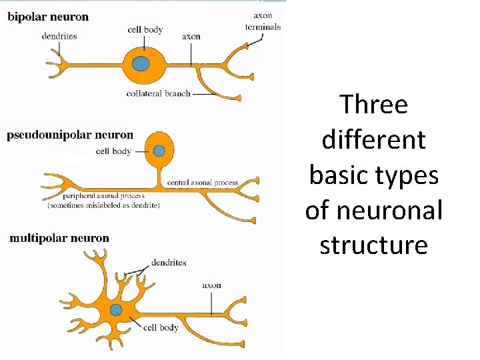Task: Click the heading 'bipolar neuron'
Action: tap(48, 17)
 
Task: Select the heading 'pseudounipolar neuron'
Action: tap(70, 135)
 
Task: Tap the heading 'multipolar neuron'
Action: tap(59, 238)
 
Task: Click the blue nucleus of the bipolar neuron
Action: tap(141, 64)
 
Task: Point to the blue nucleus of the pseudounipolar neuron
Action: tap(159, 151)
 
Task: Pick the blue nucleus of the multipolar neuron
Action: tap(116, 309)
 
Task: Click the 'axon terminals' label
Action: tap(263, 21)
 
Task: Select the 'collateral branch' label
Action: tap(158, 94)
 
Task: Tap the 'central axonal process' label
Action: tap(202, 183)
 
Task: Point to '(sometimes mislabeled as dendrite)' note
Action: tap(103, 205)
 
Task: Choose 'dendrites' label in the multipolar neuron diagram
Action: tap(169, 263)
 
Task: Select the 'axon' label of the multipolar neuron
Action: tap(211, 285)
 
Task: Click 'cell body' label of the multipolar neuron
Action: tap(161, 327)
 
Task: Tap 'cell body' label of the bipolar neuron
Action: tap(145, 30)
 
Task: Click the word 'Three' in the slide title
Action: tap(373, 105)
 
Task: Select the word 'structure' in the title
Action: tap(373, 245)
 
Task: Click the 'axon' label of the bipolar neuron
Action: tap(191, 36)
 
